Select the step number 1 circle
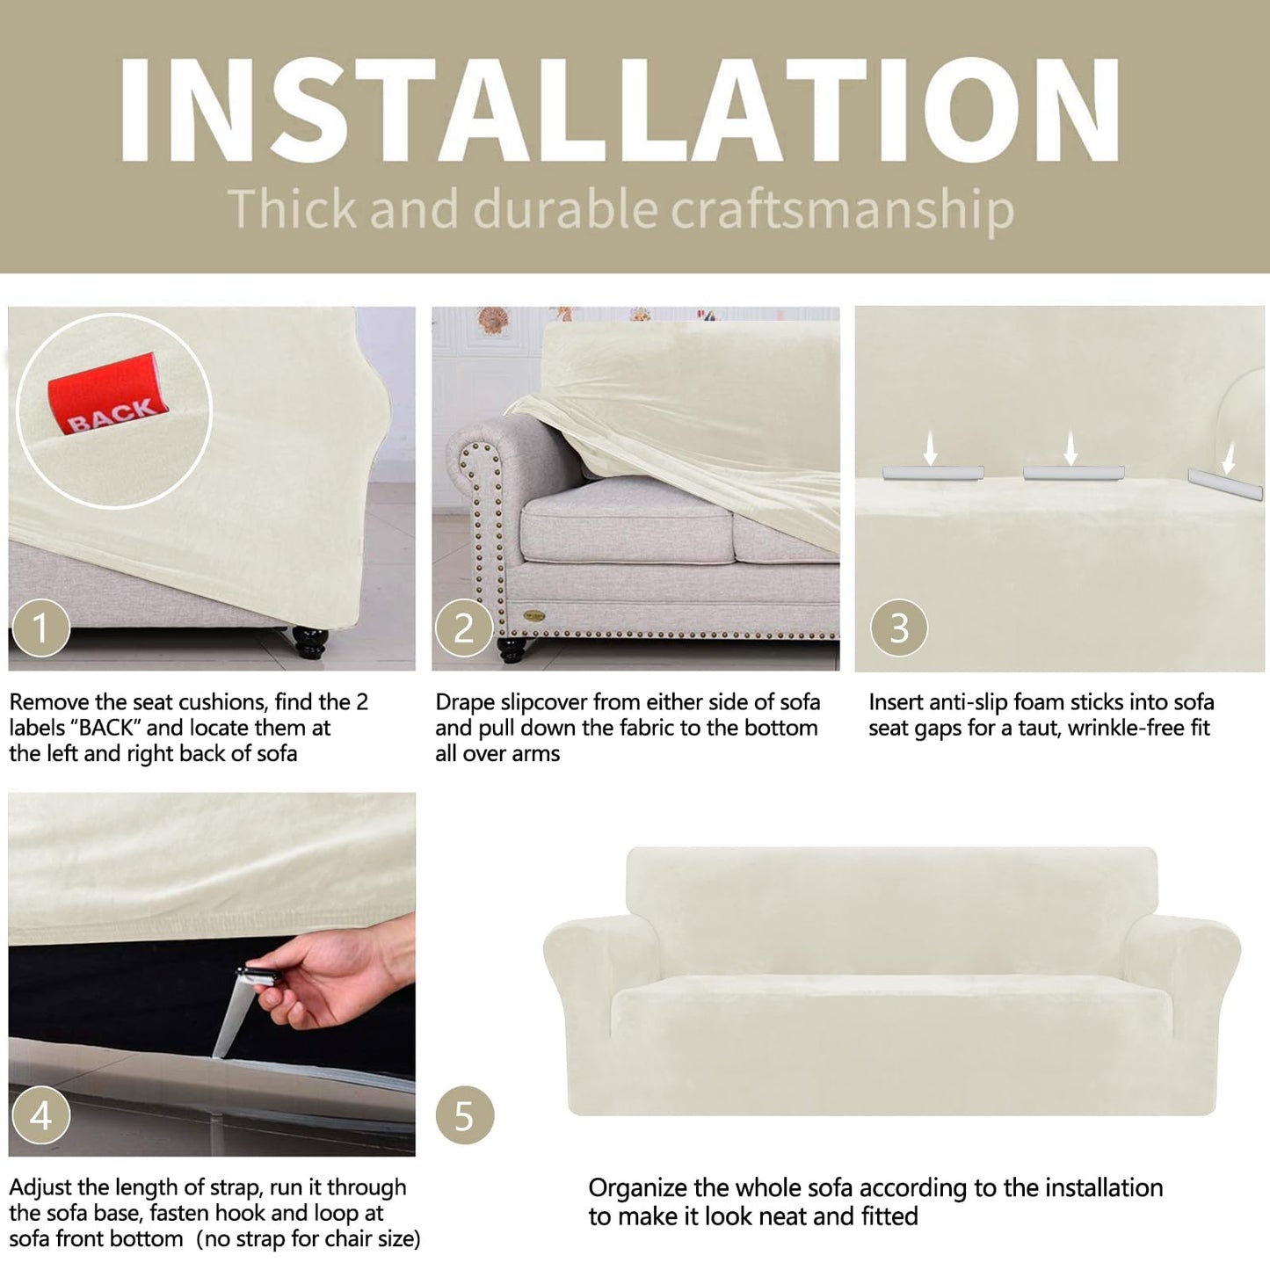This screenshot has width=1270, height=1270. pos(40,628)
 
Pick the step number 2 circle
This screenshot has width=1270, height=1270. pos(464,628)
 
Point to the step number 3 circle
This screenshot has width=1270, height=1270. pos(899,628)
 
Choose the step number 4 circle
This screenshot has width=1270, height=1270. pos(40,1115)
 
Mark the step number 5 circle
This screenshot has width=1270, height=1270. pos(465,1115)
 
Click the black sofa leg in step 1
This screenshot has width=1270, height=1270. pos(309,642)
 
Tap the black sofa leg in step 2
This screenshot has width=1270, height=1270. pos(512,649)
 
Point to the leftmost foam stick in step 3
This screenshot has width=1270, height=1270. pos(933,472)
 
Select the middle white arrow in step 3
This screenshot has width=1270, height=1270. pos(1071,448)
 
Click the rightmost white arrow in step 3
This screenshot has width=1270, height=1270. pos(1229,457)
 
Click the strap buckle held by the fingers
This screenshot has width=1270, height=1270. pos(256,976)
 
